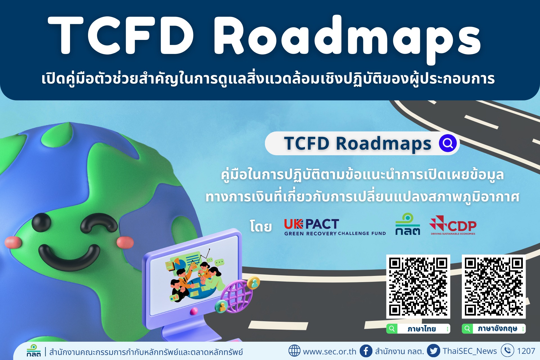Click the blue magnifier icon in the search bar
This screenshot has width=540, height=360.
pos(448,143)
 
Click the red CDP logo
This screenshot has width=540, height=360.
pos(453,225)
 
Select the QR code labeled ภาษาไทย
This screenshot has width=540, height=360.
pos(418,287)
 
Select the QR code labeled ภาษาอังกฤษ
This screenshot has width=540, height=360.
pos(494,287)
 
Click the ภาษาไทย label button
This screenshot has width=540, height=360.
pos(418,328)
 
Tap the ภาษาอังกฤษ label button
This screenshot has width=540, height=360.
pos(494,328)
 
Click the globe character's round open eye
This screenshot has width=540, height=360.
pos(41,222)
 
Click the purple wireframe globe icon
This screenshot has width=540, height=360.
pos(236,296)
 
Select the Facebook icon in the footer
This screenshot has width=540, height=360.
pos(366,351)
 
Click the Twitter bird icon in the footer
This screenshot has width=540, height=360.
pos(433,351)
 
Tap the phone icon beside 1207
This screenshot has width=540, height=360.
pos(507,351)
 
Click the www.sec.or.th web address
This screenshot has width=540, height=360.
pos(329,351)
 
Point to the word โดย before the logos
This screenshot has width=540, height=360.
pos(261,226)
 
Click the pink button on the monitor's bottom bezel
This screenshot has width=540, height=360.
pos(194,311)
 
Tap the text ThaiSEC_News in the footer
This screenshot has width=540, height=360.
pos(470,351)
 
